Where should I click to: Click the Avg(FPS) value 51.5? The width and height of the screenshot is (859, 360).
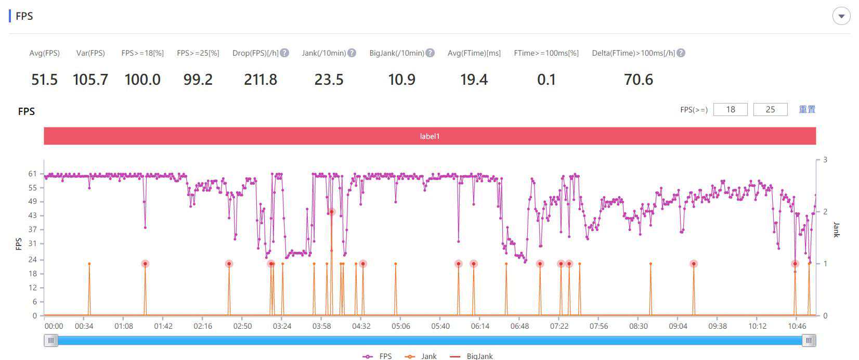coord(44,80)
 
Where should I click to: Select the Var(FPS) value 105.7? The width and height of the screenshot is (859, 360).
coord(90,80)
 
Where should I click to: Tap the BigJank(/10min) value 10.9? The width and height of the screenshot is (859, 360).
coord(401,80)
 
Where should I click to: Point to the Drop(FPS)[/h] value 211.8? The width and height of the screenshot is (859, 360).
coord(261,80)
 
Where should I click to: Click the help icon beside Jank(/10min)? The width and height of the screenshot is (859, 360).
coord(352,53)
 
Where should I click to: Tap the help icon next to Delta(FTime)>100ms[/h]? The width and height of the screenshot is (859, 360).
coord(681,53)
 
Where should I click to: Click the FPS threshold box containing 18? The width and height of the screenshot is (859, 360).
coord(730,109)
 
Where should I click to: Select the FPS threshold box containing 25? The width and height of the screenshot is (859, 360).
coord(770,109)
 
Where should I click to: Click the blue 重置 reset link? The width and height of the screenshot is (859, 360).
coord(807,109)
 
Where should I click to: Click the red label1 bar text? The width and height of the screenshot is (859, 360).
coord(430,136)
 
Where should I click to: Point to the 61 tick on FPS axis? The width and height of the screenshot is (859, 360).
coord(33,174)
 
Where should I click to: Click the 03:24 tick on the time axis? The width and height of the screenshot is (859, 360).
coord(282,326)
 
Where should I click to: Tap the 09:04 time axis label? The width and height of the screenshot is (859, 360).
coord(678,326)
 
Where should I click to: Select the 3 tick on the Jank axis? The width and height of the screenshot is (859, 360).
coord(825,160)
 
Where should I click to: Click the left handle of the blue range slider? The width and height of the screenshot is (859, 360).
coord(51,340)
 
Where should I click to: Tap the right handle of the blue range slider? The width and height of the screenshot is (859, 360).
coord(809,340)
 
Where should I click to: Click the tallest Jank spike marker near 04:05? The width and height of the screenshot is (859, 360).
coord(331,212)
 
